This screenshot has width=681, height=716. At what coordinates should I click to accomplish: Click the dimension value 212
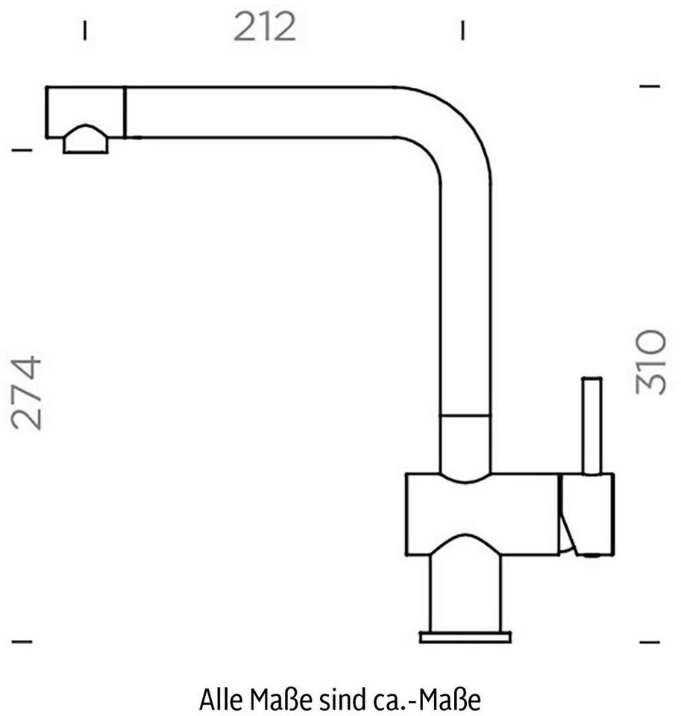[265, 27]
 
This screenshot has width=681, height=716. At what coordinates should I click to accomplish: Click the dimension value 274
[27, 393]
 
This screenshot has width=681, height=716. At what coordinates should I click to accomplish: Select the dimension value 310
[651, 362]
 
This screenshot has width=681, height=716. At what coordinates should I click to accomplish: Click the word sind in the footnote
[340, 699]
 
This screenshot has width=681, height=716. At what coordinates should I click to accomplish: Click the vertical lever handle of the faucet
[591, 426]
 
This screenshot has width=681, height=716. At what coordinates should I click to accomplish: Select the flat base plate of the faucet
[465, 636]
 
